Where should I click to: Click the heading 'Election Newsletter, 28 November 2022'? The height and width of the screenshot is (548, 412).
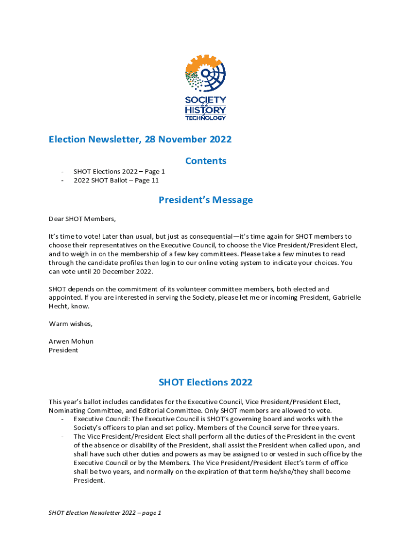[x=140, y=140]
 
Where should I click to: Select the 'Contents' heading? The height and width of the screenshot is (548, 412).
[x=205, y=161]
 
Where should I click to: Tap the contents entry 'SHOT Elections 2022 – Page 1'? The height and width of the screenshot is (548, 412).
[x=119, y=172]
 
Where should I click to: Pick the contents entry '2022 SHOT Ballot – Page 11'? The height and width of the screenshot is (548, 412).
[x=116, y=180]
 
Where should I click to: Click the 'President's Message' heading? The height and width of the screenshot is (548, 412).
[x=205, y=200]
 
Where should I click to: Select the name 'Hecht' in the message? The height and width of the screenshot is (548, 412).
[x=59, y=307]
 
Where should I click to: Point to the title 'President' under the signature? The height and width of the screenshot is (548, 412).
[x=63, y=350]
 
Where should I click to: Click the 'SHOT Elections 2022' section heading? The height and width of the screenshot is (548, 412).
[x=205, y=383]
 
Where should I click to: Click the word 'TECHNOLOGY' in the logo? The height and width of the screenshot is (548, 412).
[x=205, y=118]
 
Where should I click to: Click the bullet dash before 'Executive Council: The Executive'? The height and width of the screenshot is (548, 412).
[x=63, y=419]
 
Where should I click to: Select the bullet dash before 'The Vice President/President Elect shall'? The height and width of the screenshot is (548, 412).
[x=63, y=437]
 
